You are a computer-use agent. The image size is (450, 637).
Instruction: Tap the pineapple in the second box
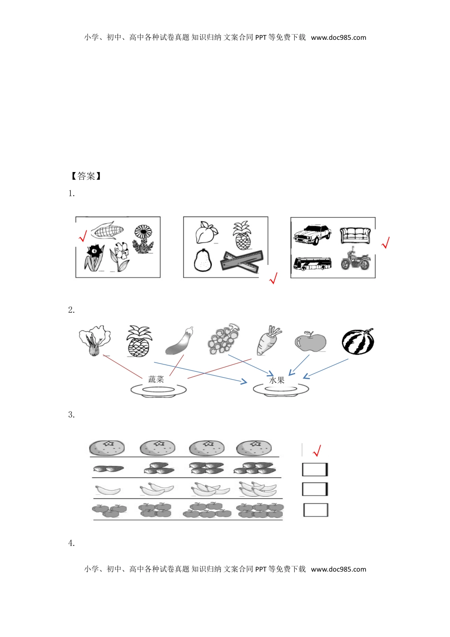[242, 236]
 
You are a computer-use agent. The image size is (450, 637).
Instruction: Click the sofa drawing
[355, 235]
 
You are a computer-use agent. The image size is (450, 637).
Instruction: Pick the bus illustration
[312, 264]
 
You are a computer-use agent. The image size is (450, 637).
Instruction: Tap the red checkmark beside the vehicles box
[386, 243]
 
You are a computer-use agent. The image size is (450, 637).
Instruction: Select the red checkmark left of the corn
[82, 236]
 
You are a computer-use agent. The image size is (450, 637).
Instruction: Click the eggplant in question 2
[180, 341]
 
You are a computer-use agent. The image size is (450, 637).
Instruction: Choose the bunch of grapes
[224, 339]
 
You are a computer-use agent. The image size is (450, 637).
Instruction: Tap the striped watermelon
[358, 342]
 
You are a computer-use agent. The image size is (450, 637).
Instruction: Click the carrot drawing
[268, 340]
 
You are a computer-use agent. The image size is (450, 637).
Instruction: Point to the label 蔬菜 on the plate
[156, 379]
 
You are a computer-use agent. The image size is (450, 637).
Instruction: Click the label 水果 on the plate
[277, 380]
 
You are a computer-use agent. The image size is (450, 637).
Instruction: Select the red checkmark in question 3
[317, 450]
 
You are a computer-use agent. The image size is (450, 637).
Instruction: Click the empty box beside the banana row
[315, 489]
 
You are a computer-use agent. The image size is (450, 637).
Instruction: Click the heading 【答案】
[86, 176]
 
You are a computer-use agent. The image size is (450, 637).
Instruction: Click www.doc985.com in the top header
[338, 38]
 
